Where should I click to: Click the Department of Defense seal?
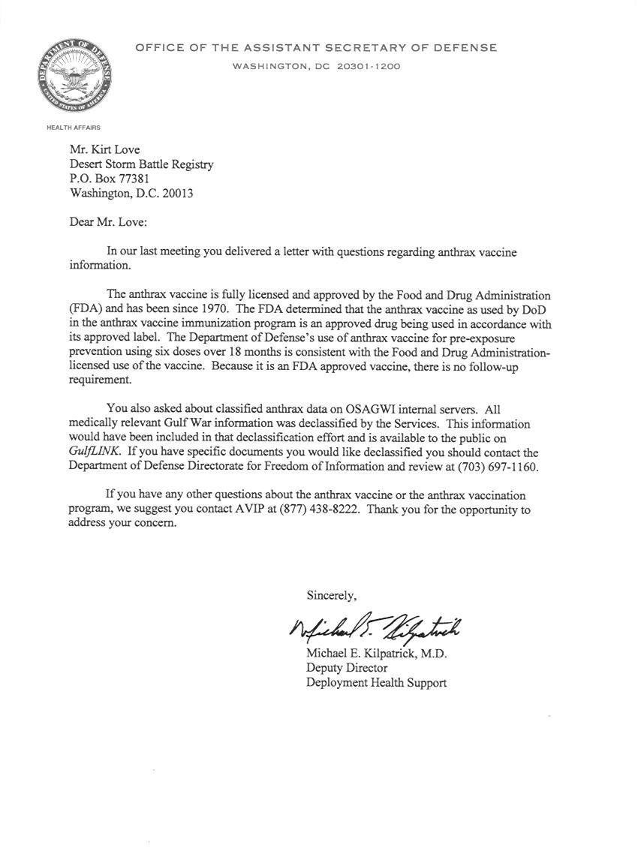(74, 77)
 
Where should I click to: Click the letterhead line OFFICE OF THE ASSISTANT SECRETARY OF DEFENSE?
(316, 48)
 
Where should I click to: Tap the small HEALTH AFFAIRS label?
(74, 128)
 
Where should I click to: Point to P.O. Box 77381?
(110, 179)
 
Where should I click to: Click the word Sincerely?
(331, 595)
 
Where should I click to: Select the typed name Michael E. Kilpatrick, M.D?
(376, 654)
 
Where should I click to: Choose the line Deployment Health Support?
(376, 682)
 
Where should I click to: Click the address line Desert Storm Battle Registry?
(141, 164)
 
